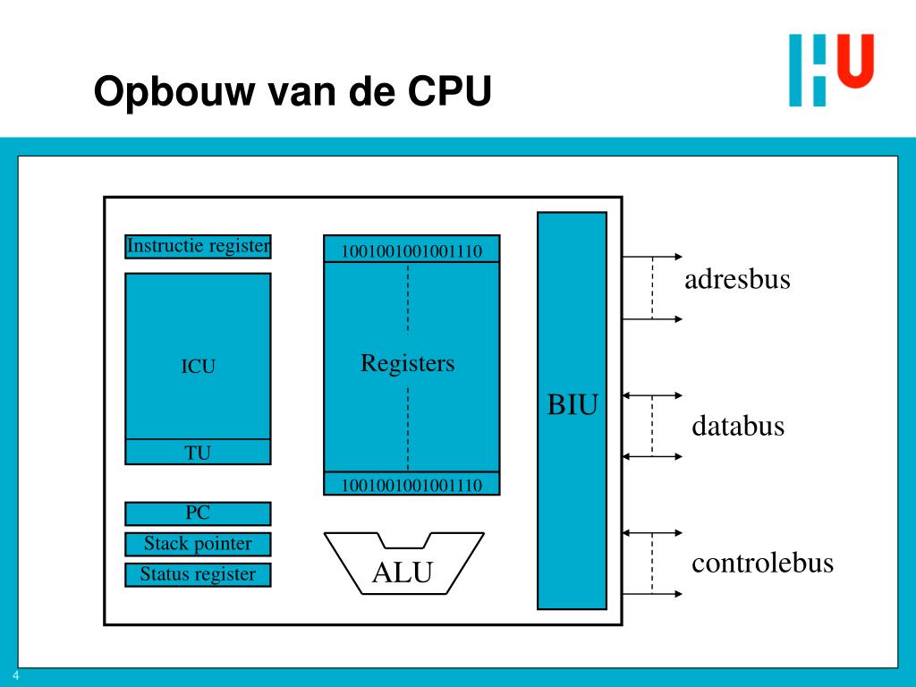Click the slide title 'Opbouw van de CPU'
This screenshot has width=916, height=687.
pyautogui.click(x=293, y=92)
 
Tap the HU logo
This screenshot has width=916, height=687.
pyautogui.click(x=830, y=69)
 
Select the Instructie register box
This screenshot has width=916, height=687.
pyautogui.click(x=198, y=246)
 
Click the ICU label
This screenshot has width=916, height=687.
pyautogui.click(x=198, y=366)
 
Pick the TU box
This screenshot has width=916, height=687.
pyautogui.click(x=198, y=453)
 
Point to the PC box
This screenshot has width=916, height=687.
pyautogui.click(x=198, y=513)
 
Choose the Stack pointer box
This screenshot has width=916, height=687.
pyautogui.click(x=198, y=544)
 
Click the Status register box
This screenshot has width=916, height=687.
pyautogui.click(x=198, y=574)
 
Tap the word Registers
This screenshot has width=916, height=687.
pyautogui.click(x=408, y=363)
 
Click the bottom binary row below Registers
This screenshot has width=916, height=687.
pyautogui.click(x=411, y=485)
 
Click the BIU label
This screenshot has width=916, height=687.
pyautogui.click(x=572, y=405)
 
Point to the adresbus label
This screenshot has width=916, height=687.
pyautogui.click(x=737, y=280)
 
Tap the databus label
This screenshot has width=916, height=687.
pyautogui.click(x=737, y=427)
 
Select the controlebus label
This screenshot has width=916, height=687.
pyautogui.click(x=762, y=564)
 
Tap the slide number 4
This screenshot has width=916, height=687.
pyautogui.click(x=16, y=676)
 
